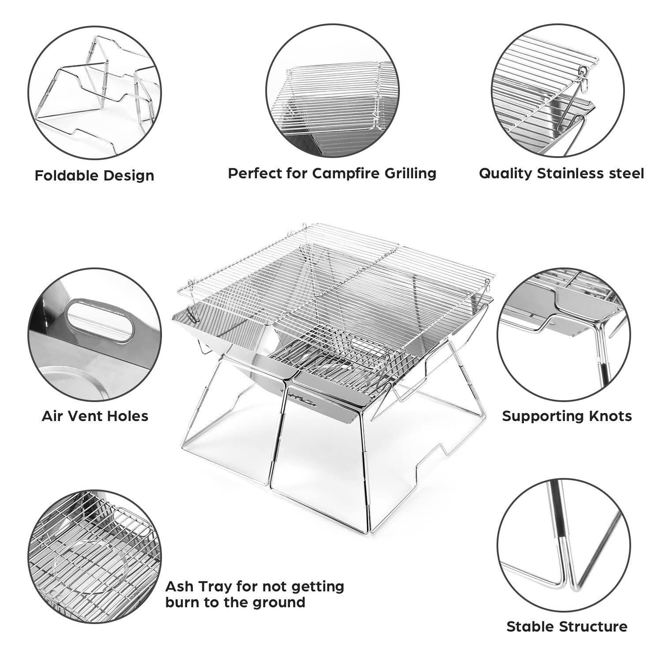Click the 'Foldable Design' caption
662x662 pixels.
pyautogui.click(x=94, y=176)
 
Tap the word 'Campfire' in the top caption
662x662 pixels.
pyautogui.click(x=342, y=173)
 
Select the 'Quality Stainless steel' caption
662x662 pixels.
pyautogui.click(x=561, y=173)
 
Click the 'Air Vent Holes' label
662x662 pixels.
pyautogui.click(x=95, y=416)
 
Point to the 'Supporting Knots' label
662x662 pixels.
pyautogui.click(x=567, y=416)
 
